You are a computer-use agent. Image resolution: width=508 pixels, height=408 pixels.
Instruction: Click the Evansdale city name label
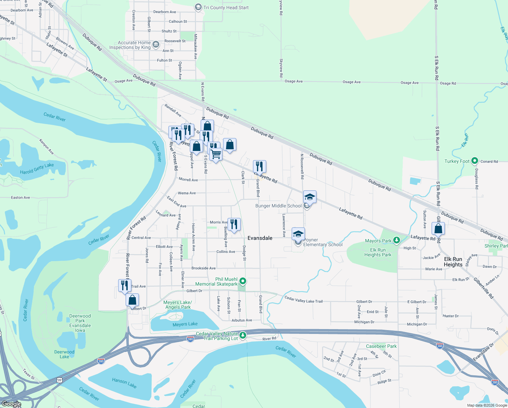260,238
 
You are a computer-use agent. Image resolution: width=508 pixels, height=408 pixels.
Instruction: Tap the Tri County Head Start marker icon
198,7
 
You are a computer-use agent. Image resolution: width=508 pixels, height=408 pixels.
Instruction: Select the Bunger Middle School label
278,206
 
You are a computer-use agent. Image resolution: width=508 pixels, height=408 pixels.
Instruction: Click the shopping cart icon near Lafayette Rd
216,154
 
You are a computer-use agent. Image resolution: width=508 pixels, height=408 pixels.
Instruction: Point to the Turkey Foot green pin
475,161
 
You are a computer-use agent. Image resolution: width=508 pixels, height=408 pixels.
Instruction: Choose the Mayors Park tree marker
396,241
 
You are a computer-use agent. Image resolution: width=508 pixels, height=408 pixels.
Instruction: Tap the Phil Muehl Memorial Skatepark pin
242,281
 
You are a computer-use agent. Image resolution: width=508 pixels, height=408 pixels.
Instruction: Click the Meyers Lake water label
185,324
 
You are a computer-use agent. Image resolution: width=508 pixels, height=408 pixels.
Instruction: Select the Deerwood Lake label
64,354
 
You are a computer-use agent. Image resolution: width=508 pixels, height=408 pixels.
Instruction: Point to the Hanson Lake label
124,383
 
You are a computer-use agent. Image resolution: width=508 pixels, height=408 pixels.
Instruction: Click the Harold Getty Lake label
37,169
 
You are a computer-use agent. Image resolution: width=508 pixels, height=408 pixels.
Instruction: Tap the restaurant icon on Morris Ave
234,224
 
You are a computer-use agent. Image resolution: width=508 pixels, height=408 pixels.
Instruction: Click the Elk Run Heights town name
453,262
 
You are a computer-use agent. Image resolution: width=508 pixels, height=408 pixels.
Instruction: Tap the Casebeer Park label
381,346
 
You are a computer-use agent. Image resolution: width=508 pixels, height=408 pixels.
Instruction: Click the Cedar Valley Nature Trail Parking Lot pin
242,336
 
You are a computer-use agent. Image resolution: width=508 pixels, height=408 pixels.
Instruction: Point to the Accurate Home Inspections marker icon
156,45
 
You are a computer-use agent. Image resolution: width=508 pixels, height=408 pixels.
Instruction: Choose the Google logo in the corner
12,404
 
